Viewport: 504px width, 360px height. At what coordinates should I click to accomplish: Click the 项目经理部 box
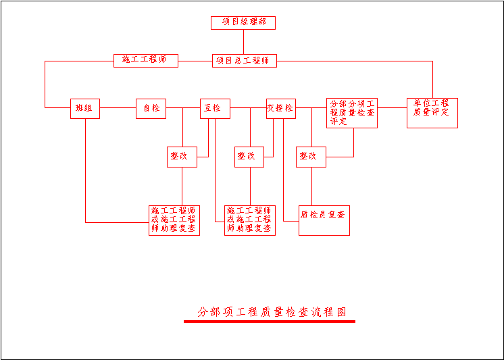pos(243,23)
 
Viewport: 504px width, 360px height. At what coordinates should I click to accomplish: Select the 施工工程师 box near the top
pos(145,60)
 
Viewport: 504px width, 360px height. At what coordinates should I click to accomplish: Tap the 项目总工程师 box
pos(244,61)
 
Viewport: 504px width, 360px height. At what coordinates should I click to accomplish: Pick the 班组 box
pos(85,108)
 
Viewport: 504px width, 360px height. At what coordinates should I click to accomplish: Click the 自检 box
pos(151,108)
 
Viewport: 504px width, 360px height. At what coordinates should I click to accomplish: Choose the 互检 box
pos(215,108)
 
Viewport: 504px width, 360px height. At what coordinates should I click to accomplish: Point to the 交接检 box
pos(281,108)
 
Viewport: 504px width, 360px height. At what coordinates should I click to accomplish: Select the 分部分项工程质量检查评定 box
pos(352,113)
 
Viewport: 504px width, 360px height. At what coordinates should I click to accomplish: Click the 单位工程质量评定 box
pos(432,113)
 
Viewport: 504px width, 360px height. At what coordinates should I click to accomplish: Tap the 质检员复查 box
pos(324,220)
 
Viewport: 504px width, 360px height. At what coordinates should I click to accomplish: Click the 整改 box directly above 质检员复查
pos(311,157)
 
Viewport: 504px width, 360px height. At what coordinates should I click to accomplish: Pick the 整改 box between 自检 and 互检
pos(182,157)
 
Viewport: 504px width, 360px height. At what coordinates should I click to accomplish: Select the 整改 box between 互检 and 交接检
pos(249,157)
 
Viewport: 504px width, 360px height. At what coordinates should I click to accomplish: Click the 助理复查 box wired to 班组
pos(174,220)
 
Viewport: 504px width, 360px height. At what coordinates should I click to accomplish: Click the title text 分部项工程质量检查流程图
pos(272,312)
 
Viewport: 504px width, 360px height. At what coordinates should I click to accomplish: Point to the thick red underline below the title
pos(270,322)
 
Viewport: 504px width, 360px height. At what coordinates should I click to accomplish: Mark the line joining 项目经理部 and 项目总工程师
pos(243,42)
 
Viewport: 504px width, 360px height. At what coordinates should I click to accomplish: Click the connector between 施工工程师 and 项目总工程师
pos(195,61)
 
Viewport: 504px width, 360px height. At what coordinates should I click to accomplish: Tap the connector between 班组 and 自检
pos(118,108)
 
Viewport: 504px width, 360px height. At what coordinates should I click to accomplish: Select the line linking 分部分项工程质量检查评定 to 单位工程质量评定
pos(392,108)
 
